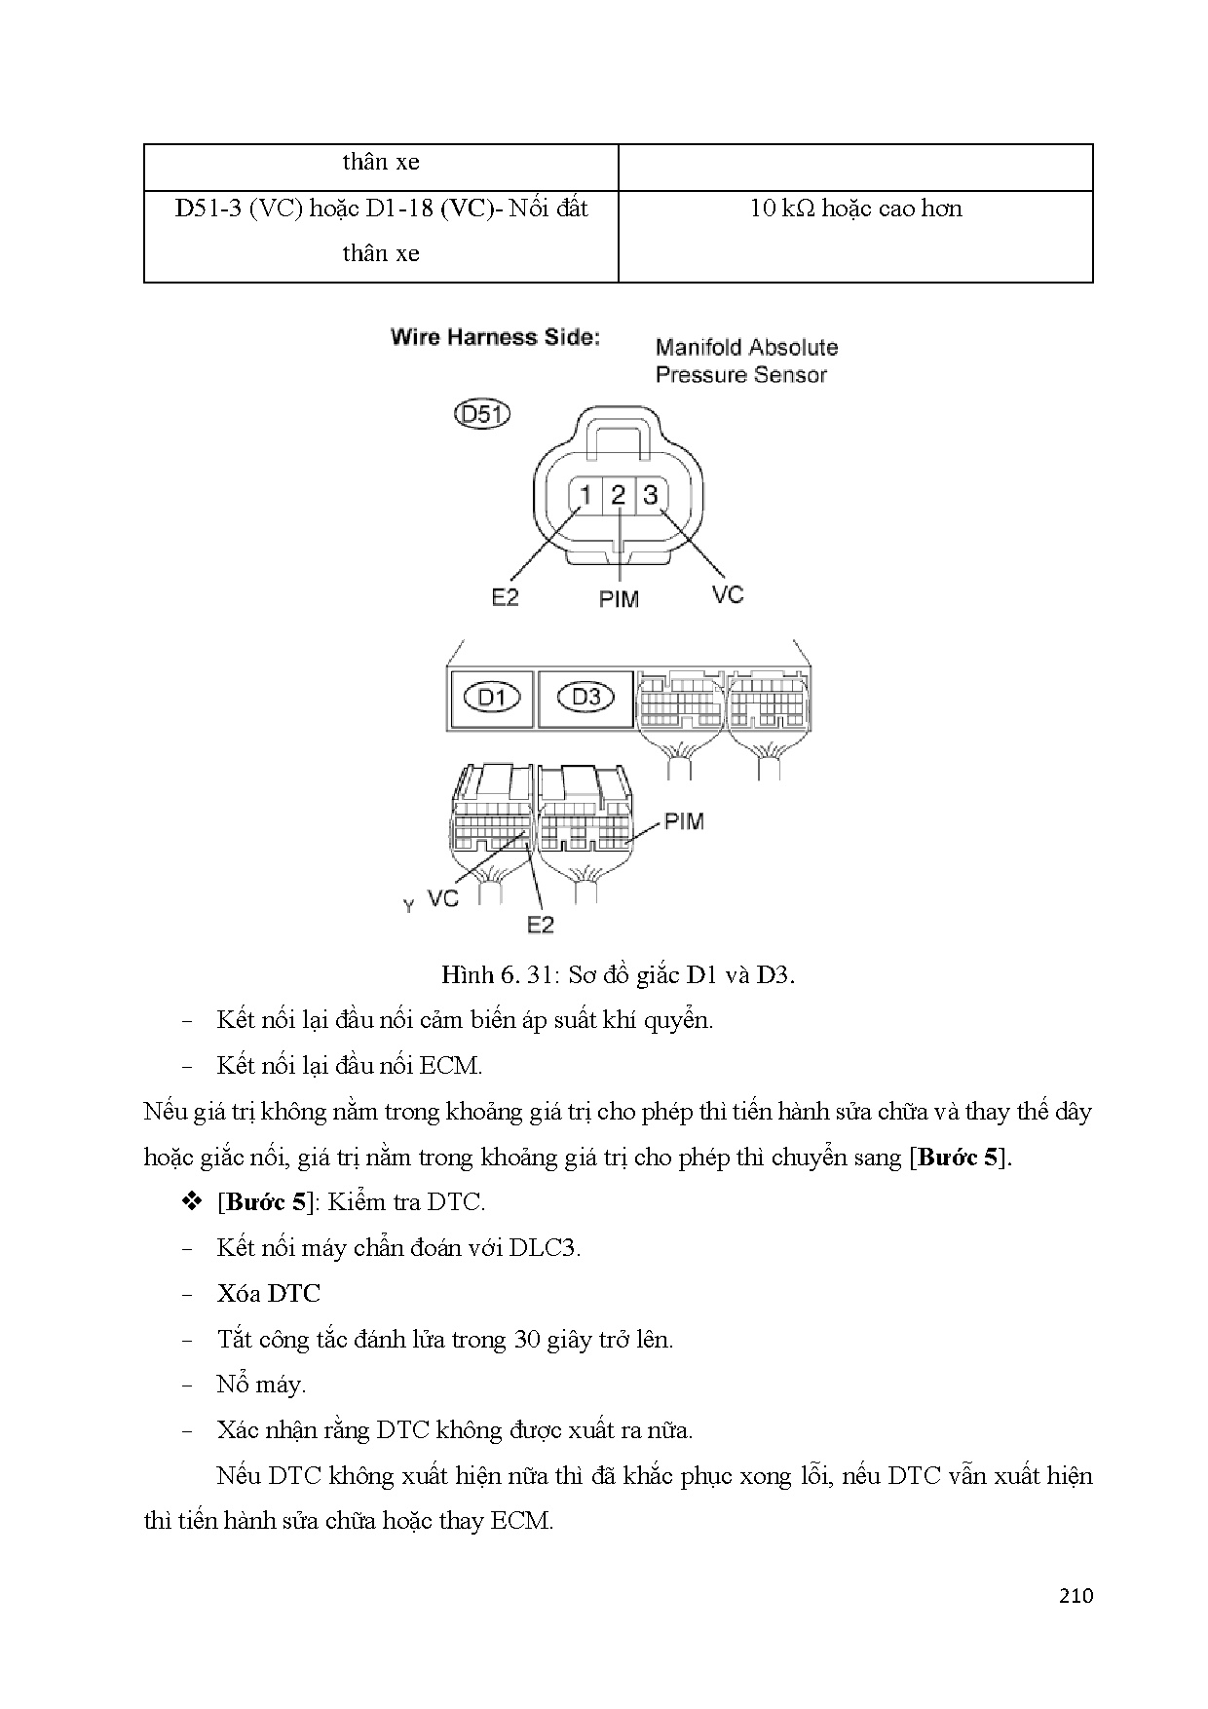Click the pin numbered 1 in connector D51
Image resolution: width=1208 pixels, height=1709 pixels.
(585, 496)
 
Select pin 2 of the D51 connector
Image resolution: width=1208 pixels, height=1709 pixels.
(619, 496)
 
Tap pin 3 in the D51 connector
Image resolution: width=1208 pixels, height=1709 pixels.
(651, 496)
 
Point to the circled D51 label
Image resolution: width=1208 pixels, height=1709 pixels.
(482, 414)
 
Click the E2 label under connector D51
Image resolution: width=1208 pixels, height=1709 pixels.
(505, 597)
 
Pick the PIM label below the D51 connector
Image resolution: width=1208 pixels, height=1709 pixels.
(619, 599)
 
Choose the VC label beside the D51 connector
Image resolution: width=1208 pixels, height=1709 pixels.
(727, 594)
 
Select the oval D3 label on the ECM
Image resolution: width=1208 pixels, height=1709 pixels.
(585, 698)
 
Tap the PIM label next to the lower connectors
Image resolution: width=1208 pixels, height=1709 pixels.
(683, 821)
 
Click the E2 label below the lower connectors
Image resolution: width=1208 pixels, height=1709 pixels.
(540, 923)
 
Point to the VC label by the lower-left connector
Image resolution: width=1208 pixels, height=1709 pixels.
(443, 897)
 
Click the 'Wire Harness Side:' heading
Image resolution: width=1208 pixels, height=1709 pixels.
(495, 337)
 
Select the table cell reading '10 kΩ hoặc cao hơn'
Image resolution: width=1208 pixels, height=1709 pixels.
(855, 209)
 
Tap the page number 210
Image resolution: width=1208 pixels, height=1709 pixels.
(1075, 1596)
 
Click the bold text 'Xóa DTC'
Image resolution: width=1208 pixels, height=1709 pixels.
(268, 1293)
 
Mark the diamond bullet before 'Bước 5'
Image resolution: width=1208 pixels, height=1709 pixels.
(191, 1201)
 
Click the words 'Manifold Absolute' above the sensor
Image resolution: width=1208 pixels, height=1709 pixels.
(746, 347)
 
